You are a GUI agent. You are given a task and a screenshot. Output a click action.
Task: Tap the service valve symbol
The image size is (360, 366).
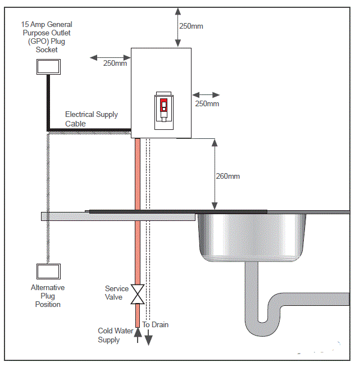click(x=137, y=294)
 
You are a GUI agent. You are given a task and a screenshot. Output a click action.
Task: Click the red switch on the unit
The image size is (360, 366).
click(x=163, y=105)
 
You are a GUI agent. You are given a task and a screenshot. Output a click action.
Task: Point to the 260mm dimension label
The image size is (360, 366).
click(x=227, y=176)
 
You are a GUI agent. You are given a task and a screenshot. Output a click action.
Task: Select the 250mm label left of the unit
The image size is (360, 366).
click(x=115, y=64)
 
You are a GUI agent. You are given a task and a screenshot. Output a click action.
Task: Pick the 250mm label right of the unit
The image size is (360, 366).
click(x=207, y=104)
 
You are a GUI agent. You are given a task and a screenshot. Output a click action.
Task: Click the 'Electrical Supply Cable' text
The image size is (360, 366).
click(x=92, y=119)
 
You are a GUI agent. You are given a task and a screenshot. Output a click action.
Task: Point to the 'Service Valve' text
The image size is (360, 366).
click(x=117, y=293)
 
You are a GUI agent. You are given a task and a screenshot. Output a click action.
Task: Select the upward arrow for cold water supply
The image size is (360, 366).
click(x=137, y=333)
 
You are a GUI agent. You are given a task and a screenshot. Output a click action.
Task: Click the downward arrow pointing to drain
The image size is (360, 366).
click(x=149, y=337)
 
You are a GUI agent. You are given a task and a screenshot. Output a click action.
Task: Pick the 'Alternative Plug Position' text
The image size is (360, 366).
click(x=48, y=296)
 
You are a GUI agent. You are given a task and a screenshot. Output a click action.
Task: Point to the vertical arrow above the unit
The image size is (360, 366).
click(x=178, y=26)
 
